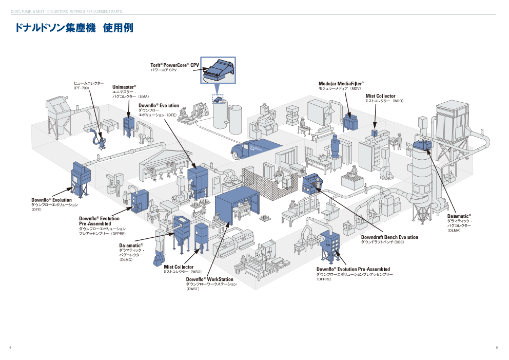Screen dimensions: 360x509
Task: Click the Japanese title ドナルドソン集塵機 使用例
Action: point(74,28)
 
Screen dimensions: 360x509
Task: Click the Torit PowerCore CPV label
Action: point(174,65)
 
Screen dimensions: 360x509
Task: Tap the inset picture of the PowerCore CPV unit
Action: point(218,70)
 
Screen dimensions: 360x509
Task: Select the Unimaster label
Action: point(124,87)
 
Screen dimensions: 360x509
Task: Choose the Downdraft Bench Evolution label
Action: point(389,237)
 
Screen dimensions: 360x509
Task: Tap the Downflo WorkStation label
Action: point(209,279)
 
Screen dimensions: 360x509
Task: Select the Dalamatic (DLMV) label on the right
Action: point(459,216)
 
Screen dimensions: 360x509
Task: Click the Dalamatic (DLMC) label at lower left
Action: point(131,245)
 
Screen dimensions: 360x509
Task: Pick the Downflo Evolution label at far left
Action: point(51,200)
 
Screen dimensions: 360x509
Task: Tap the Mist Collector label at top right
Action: point(380,96)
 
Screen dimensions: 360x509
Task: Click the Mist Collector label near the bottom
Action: point(179,267)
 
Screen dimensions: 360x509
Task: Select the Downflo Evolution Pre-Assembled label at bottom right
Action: point(353,269)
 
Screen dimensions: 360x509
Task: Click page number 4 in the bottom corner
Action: point(10,348)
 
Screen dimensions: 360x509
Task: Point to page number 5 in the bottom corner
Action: point(497,348)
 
